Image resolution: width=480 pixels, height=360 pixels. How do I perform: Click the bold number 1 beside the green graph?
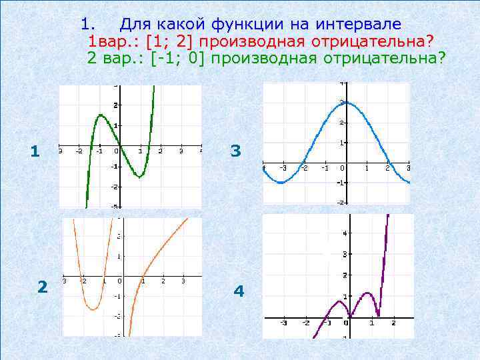click(35, 153)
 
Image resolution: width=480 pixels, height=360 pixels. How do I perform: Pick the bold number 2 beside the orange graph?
click(43, 287)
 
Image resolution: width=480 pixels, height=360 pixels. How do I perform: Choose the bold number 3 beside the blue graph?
click(235, 151)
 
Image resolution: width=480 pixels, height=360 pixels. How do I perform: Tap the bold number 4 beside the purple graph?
click(239, 291)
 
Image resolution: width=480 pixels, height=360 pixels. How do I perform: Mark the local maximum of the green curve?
click(101, 115)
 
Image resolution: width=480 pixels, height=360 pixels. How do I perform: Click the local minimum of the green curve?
click(139, 177)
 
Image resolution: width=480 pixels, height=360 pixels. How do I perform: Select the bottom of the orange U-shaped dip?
click(94, 309)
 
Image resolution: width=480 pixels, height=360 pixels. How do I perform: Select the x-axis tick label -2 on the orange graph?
click(83, 281)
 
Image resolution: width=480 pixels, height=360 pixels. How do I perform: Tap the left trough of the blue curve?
click(282, 182)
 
